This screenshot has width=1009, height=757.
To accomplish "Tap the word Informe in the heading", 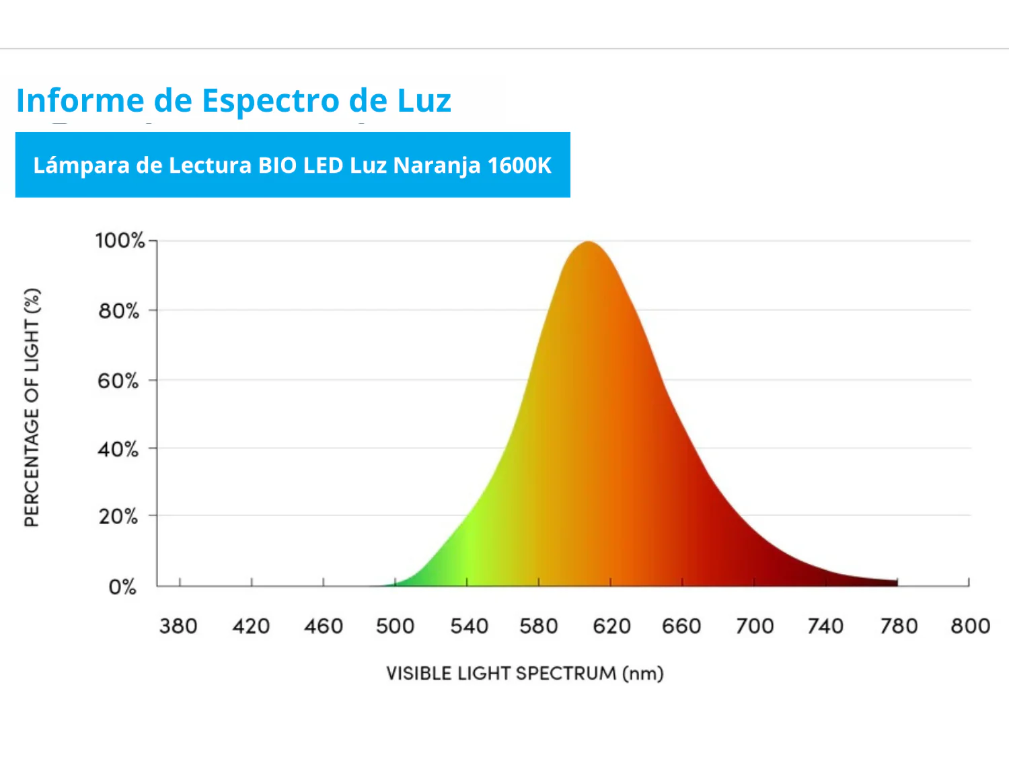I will [x=80, y=101].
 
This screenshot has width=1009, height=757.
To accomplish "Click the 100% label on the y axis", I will [x=120, y=241].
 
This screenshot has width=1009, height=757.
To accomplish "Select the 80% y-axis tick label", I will [x=119, y=311].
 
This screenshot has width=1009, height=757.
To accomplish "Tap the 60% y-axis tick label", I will [x=118, y=381].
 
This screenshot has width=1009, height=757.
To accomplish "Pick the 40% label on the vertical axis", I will [x=118, y=449].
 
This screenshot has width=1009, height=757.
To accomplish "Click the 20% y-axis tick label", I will [x=118, y=517].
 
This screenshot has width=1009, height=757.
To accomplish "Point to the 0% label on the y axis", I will [x=122, y=587].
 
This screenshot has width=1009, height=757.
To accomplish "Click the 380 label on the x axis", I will [x=178, y=626].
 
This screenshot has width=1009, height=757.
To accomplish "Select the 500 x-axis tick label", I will [x=395, y=626].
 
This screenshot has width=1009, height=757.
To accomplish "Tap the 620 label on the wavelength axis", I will [x=611, y=626].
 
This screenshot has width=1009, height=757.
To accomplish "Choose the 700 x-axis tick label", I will [x=755, y=626].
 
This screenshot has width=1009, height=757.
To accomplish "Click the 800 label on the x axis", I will [x=970, y=626].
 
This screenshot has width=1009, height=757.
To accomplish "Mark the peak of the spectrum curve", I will [x=588, y=242].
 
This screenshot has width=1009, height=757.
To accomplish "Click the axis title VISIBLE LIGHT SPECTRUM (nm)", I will [x=525, y=674].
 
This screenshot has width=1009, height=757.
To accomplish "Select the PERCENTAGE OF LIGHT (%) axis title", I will [x=32, y=408].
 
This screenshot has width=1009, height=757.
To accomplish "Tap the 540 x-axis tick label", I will [x=469, y=626].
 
